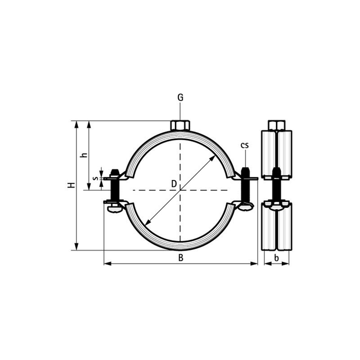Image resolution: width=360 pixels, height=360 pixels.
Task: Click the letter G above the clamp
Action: coord(180,98)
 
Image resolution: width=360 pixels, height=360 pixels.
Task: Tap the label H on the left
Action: coord(71,185)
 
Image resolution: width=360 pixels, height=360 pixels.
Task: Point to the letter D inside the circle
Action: coord(174,184)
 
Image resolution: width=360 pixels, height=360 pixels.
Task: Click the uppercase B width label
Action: coord(181,258)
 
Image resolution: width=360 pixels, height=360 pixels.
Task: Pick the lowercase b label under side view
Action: coord(277,258)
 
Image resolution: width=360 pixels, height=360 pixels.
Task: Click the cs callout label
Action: coord(244,145)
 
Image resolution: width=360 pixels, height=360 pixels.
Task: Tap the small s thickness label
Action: coord(96,178)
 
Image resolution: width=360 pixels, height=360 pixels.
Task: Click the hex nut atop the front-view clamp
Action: coord(180,126)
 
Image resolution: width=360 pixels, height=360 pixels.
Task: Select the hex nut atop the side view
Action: coord(277,126)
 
